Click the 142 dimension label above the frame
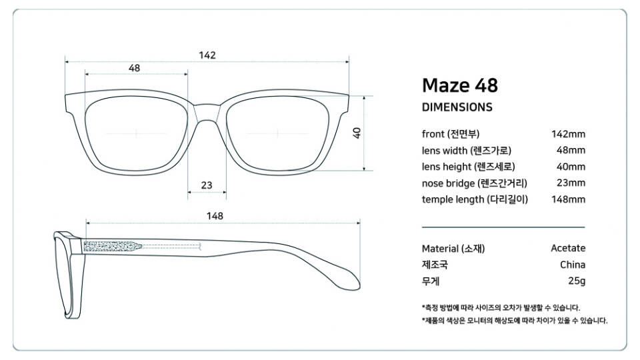click(207, 55)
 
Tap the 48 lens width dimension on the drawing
click(134, 68)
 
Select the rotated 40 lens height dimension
click(357, 133)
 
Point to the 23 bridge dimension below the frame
click(207, 185)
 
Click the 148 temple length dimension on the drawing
click(215, 216)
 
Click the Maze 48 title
click(460, 85)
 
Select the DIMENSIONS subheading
click(457, 107)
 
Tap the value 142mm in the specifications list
click(568, 134)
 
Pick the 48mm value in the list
click(571, 150)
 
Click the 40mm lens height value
click(571, 167)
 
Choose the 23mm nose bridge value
click(571, 183)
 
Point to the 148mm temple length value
click(568, 199)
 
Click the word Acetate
click(568, 248)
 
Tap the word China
click(573, 265)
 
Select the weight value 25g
click(577, 281)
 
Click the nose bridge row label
click(475, 183)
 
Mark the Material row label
click(453, 249)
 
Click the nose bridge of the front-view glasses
click(207, 113)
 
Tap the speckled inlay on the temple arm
click(113, 246)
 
